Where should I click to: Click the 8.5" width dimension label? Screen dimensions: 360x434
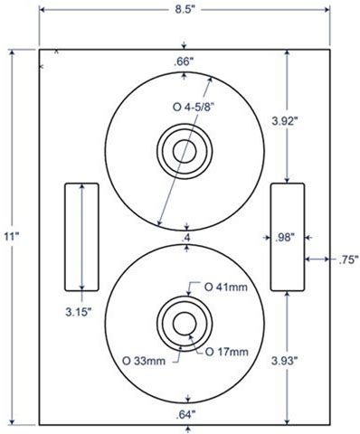184,9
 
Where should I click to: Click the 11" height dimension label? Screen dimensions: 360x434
12,236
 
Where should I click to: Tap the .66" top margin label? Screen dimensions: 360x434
183,62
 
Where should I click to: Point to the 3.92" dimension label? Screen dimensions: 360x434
285,121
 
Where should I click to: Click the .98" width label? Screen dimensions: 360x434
285,238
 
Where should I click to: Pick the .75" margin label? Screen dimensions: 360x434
348,259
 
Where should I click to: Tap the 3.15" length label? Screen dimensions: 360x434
79,312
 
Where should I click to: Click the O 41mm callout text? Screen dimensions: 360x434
226,287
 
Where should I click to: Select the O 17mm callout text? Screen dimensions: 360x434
227,352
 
